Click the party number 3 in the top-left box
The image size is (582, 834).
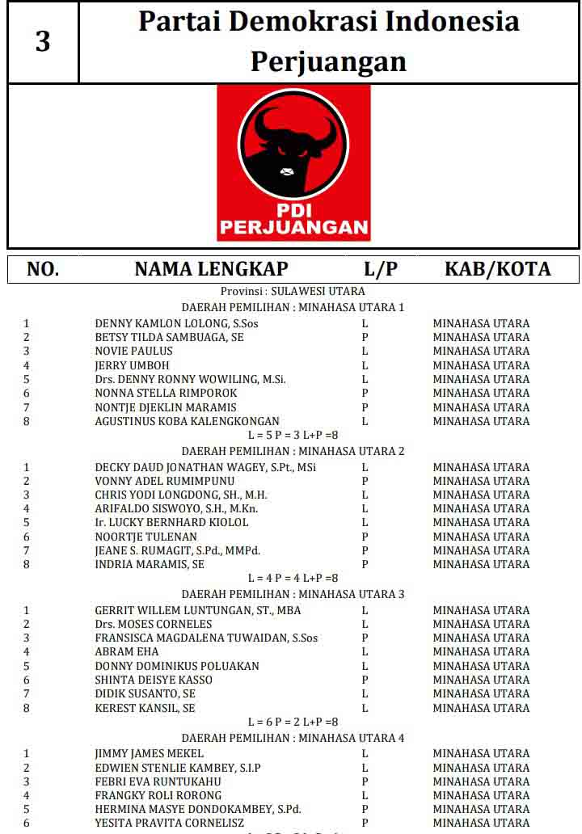[x=43, y=41]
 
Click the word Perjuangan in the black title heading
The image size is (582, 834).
[x=328, y=61]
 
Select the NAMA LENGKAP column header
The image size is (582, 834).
[x=211, y=269]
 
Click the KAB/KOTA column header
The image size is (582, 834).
[x=497, y=269]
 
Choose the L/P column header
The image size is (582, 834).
[x=381, y=269]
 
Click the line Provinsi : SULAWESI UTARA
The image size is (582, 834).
[x=293, y=291]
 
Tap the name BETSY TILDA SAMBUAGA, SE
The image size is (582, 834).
[x=169, y=337]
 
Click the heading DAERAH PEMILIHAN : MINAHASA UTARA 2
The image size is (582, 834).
[x=293, y=451]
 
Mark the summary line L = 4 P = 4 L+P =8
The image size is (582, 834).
[x=293, y=578]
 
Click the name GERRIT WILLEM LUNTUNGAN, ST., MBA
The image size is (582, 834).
[x=197, y=610]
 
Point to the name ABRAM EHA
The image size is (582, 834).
[x=126, y=651]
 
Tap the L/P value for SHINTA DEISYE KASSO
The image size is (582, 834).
[x=365, y=680]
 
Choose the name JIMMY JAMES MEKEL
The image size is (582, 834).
[x=149, y=753]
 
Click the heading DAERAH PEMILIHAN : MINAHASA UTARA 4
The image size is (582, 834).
[x=293, y=738]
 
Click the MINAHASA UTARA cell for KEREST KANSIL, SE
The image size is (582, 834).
[x=481, y=708]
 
